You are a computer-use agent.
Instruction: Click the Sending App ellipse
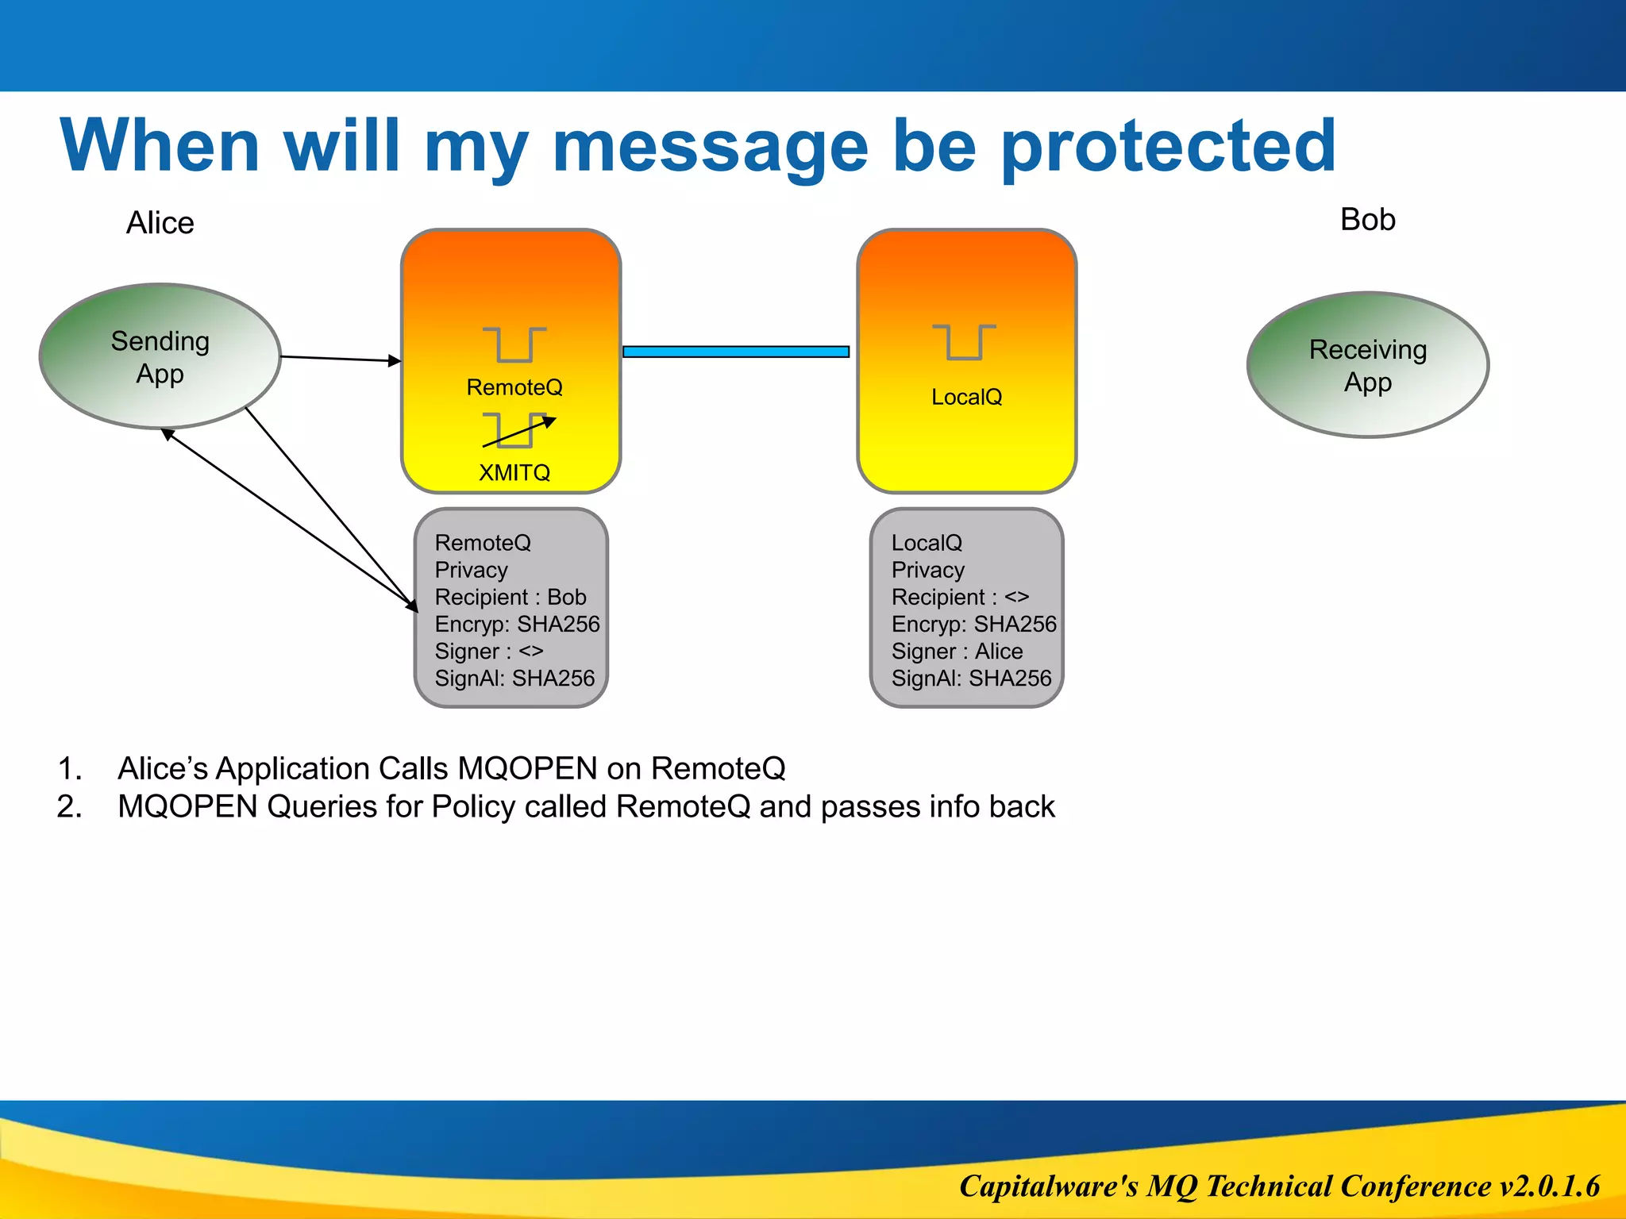(160, 356)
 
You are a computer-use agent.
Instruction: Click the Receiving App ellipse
(1367, 365)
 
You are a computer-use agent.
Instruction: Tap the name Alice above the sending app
(160, 223)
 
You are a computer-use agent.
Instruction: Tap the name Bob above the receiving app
(1367, 220)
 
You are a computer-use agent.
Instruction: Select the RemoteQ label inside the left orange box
(514, 387)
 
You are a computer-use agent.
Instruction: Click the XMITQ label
(514, 473)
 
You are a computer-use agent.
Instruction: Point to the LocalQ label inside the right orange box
(966, 397)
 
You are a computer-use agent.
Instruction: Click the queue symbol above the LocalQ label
(964, 342)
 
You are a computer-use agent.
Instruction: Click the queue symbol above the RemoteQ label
(514, 344)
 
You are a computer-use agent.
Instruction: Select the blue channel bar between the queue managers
(736, 352)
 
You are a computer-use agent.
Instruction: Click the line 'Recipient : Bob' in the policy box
(511, 597)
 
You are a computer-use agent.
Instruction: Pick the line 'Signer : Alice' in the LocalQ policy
(957, 652)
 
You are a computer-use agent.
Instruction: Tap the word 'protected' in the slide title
(1169, 146)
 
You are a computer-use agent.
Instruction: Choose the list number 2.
(69, 807)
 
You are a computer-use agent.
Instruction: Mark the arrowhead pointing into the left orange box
(395, 361)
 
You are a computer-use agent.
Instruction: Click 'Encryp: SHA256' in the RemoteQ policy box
(517, 625)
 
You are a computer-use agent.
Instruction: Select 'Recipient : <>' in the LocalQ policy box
(960, 597)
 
